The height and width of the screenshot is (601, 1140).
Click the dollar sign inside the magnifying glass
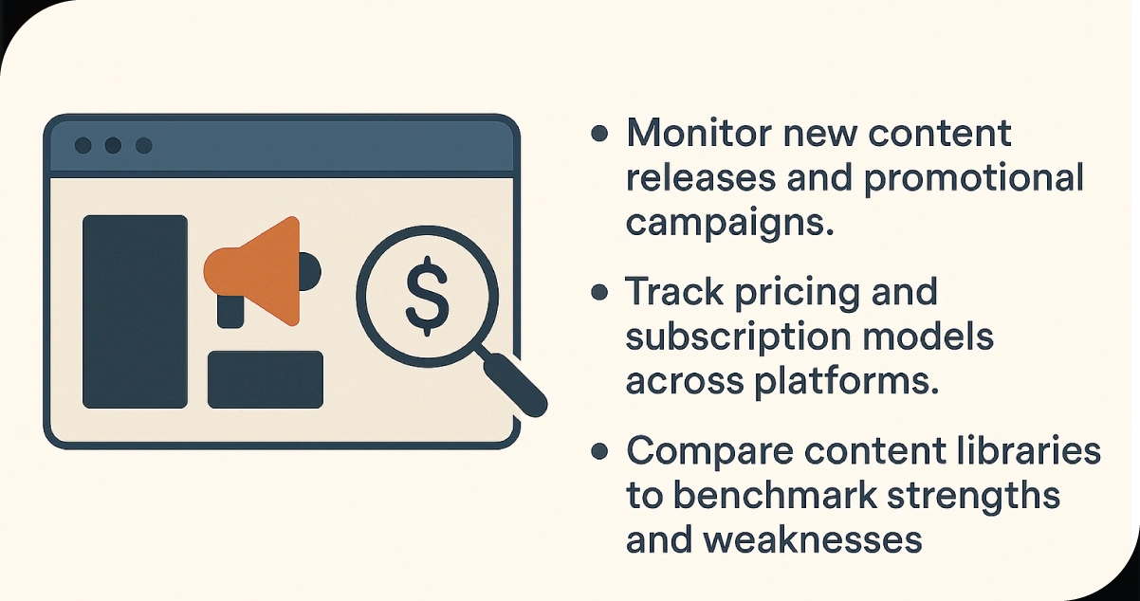pyautogui.click(x=427, y=295)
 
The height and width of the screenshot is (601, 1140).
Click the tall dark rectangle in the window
pyautogui.click(x=135, y=312)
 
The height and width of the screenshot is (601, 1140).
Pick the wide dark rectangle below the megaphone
pyautogui.click(x=266, y=380)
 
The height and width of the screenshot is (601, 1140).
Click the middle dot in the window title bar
pyautogui.click(x=113, y=145)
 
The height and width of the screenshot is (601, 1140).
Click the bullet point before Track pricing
pyautogui.click(x=598, y=292)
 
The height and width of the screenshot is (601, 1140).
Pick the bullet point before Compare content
pyautogui.click(x=598, y=451)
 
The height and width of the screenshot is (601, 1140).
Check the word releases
pyautogui.click(x=708, y=179)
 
